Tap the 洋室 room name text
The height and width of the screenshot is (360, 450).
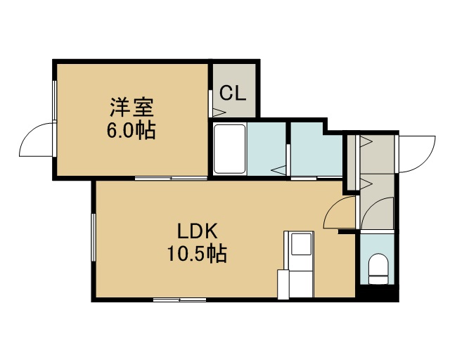[131, 107]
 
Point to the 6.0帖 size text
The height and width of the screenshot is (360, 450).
[131, 130]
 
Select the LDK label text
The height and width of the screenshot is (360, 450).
[197, 231]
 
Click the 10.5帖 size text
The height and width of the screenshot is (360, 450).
[197, 254]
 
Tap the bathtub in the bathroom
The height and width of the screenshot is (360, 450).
[230, 148]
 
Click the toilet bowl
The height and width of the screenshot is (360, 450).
[378, 269]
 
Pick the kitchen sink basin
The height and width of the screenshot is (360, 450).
[302, 244]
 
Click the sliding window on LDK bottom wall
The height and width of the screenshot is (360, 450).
[180, 300]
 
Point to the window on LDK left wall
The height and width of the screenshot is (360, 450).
[94, 237]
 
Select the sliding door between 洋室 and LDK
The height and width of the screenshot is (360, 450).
[171, 179]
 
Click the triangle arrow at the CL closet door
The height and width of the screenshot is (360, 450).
[219, 112]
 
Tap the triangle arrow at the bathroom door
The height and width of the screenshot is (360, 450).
[279, 170]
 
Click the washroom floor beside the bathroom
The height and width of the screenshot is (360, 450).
[316, 149]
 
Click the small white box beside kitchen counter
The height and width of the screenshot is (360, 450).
[283, 284]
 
